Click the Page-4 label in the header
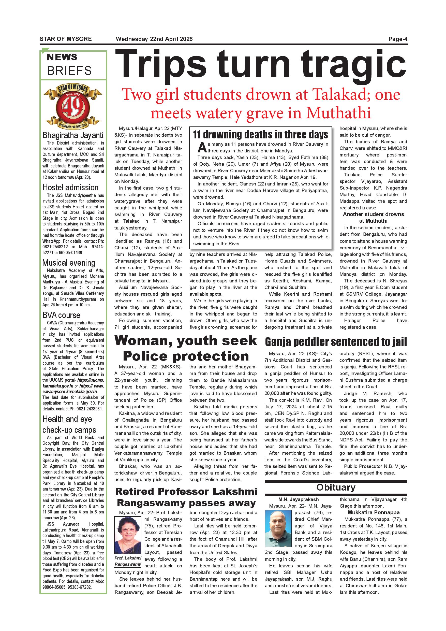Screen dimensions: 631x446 point(398,39)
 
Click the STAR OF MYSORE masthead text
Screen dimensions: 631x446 point(66,39)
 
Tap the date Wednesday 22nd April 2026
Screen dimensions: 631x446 point(154,39)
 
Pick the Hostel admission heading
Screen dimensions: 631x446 point(70,188)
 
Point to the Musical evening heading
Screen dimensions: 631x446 point(69,263)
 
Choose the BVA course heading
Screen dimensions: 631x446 point(61,315)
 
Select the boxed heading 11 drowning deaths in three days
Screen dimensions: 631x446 point(260,135)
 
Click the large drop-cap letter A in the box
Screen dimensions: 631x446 point(202,148)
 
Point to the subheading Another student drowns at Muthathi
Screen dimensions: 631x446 point(373,217)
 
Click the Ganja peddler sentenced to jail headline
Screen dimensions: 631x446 point(336,342)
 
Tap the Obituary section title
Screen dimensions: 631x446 point(336,487)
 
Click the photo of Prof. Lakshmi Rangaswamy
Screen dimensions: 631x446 point(128,535)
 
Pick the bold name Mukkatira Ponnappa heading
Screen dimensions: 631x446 point(374,512)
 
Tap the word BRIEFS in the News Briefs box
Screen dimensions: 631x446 point(69,71)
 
